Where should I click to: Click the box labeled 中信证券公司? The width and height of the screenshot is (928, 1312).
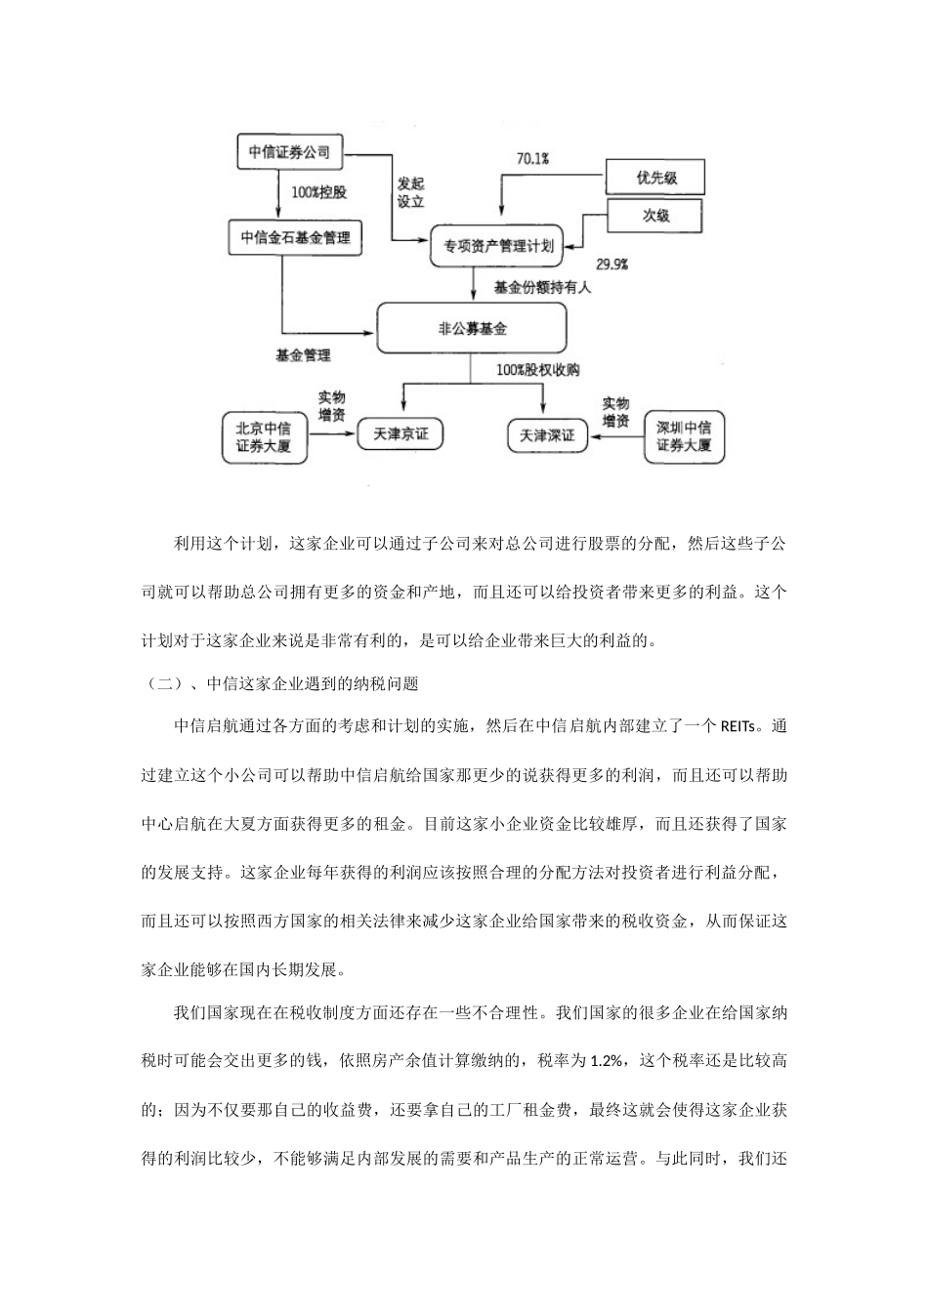[x=289, y=152]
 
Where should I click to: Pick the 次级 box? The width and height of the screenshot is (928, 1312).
[x=655, y=216]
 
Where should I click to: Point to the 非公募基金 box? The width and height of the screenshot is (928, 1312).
[x=473, y=329]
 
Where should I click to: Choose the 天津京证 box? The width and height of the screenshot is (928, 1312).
[x=401, y=432]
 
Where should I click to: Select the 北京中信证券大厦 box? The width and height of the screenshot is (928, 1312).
[x=264, y=436]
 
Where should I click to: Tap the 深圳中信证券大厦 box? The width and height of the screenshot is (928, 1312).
[x=684, y=436]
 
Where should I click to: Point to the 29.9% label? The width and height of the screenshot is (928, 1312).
[x=612, y=265]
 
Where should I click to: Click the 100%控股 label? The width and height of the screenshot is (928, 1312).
[x=318, y=192]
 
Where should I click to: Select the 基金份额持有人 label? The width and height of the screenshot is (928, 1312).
[x=542, y=288]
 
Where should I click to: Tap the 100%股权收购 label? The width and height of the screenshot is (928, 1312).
[x=537, y=370]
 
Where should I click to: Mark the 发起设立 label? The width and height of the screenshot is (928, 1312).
[x=410, y=192]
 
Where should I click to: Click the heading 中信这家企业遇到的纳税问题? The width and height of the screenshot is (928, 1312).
[x=313, y=684]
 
